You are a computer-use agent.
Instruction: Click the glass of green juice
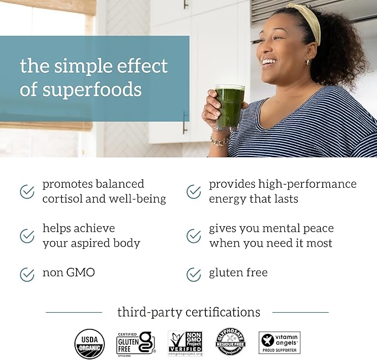tap(229, 107)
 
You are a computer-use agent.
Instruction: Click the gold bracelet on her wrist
tap(219, 141)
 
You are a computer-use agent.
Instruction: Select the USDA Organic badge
tap(89, 343)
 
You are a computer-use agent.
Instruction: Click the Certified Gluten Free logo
tap(135, 343)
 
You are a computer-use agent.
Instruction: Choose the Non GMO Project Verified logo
tap(185, 343)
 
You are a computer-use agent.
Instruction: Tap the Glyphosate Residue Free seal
tap(230, 341)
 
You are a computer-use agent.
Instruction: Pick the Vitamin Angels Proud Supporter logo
tap(279, 342)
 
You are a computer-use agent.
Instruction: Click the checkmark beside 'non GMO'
tap(27, 274)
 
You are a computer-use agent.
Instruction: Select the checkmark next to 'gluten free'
tap(194, 274)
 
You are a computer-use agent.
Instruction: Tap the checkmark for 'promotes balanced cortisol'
tap(27, 192)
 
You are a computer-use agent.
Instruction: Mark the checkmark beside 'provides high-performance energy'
tap(194, 192)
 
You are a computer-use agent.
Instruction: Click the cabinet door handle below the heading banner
tap(185, 122)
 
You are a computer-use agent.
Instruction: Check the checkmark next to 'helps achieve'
tap(27, 236)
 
